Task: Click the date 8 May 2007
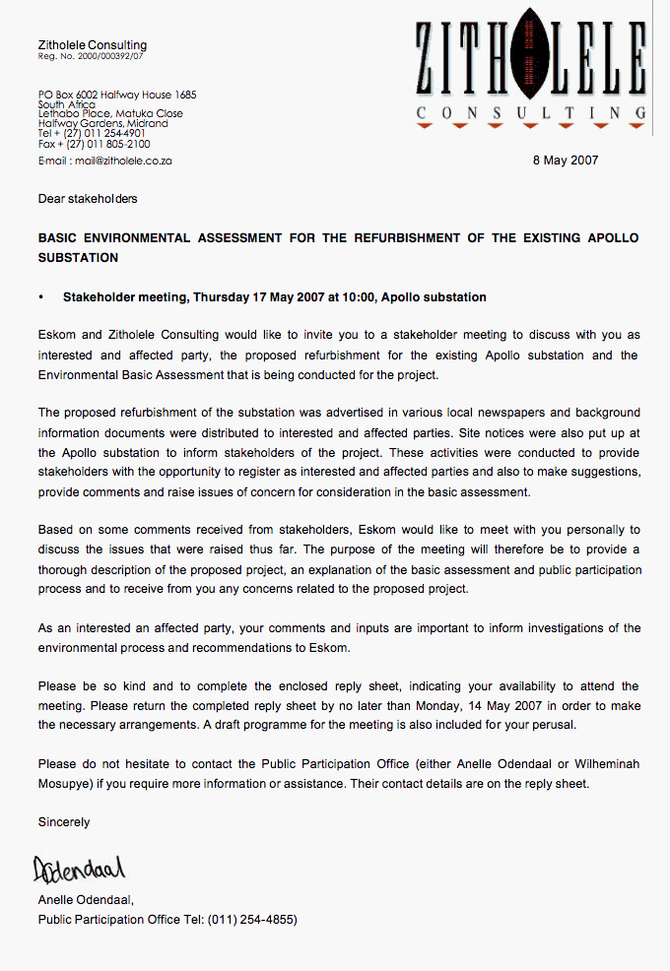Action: click(566, 161)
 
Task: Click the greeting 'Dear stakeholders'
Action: click(88, 199)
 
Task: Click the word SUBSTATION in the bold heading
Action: click(79, 258)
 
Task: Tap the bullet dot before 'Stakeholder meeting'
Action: click(41, 297)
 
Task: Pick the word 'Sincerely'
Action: click(64, 822)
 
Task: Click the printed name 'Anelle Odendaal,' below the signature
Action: click(86, 900)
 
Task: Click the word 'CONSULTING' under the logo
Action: click(531, 113)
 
